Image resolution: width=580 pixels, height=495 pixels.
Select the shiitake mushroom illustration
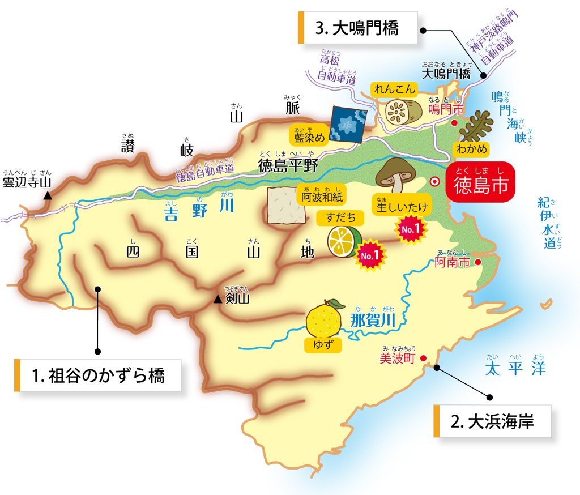tap(395, 172)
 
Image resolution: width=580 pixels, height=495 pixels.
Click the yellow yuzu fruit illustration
tap(325, 318)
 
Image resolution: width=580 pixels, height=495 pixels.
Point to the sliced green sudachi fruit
tap(344, 241)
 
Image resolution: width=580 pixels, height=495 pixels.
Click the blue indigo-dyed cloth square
tap(348, 124)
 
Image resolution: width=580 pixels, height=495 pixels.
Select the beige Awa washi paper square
tap(282, 205)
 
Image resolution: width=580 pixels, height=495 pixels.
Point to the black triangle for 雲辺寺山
tap(49, 195)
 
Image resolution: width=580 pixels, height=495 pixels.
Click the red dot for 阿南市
tap(478, 262)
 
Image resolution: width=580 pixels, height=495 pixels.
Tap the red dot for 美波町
tap(423, 358)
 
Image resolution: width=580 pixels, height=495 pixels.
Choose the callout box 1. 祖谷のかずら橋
tap(98, 375)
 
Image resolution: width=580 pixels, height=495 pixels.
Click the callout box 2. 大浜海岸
tap(492, 421)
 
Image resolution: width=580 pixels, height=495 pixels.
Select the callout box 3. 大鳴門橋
tap(358, 27)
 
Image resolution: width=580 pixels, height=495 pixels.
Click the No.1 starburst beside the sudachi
tap(369, 256)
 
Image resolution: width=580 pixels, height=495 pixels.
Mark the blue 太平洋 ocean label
tap(515, 369)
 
